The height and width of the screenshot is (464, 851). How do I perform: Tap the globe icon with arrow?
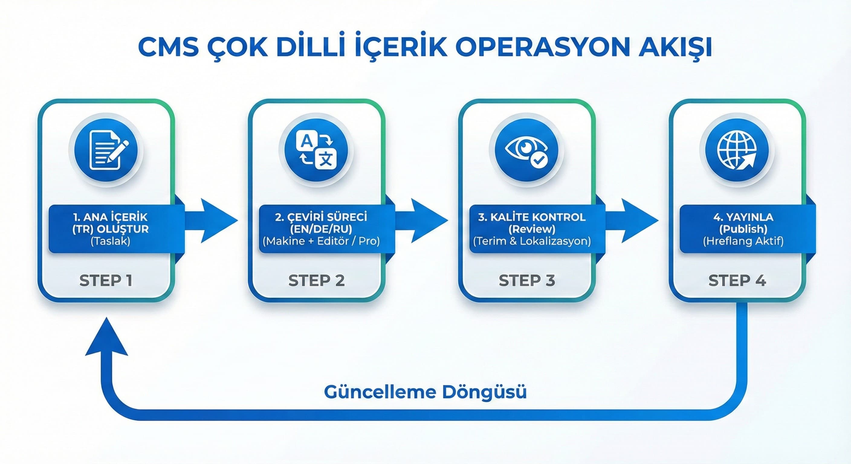737,150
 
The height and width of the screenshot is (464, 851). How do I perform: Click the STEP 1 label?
106,280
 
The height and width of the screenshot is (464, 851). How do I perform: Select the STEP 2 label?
316,280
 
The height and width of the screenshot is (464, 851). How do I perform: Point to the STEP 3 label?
527,280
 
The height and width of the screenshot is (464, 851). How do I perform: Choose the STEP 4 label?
737,280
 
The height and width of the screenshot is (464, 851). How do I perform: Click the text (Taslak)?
110,241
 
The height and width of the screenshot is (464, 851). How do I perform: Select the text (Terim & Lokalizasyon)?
532,241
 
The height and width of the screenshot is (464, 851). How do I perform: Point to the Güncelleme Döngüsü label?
425,392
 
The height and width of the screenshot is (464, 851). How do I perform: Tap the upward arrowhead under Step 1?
106,339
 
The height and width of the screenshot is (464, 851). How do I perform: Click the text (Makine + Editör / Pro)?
321,241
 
